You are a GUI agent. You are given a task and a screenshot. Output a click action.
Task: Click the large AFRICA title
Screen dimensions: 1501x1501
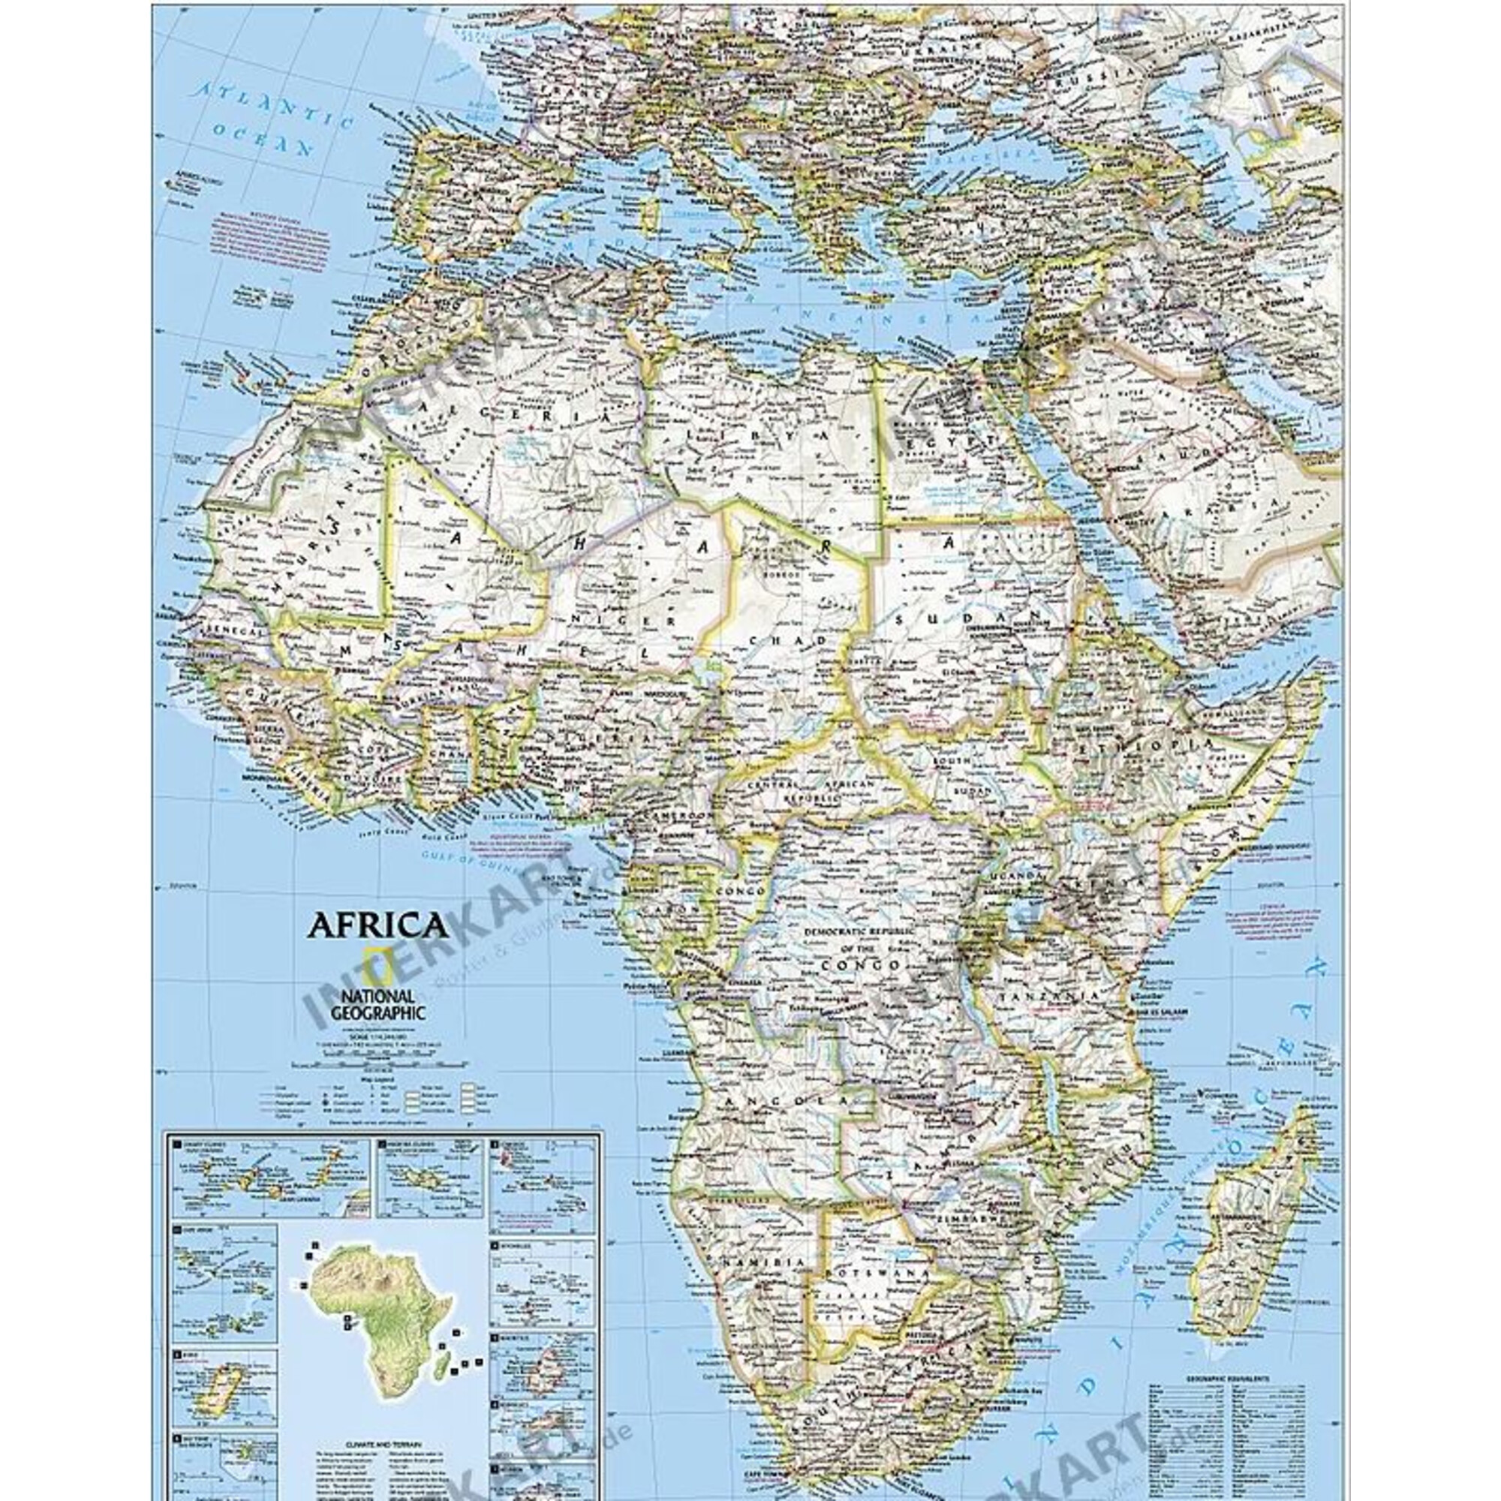coord(378,925)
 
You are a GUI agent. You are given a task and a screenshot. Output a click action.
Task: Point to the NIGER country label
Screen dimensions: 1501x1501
coord(621,619)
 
